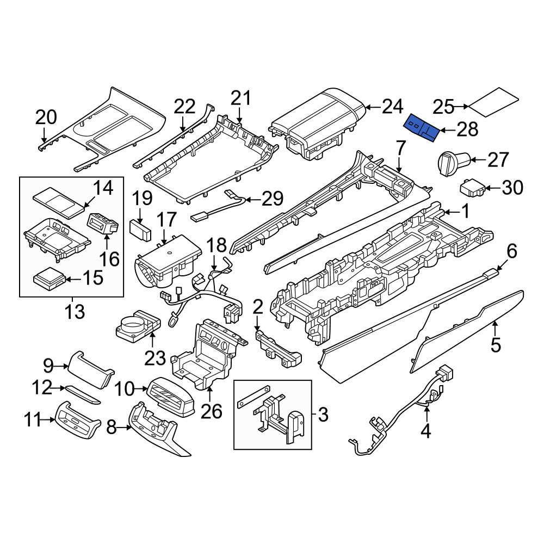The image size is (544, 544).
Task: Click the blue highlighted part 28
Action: click(x=422, y=128)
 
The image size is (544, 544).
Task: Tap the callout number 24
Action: click(x=392, y=107)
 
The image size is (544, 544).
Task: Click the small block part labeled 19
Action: click(x=140, y=230)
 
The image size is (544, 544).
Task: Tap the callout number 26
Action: click(x=211, y=411)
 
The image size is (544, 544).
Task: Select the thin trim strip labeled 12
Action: click(x=83, y=394)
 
